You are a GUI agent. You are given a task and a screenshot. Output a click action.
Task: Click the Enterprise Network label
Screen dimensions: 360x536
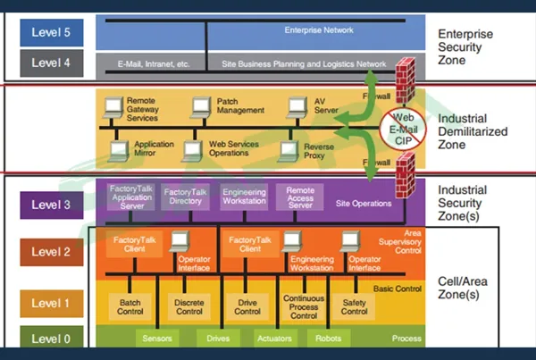(x=318, y=29)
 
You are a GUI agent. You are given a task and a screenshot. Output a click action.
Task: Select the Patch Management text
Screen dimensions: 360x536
(x=239, y=106)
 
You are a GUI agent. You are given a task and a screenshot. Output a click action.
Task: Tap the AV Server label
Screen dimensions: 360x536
(x=325, y=106)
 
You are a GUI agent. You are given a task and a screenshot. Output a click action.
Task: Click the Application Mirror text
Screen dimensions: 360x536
(x=154, y=148)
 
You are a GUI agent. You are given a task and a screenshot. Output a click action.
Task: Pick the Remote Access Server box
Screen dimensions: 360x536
(x=299, y=197)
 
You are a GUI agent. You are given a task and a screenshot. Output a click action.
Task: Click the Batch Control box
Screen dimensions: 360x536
(x=130, y=307)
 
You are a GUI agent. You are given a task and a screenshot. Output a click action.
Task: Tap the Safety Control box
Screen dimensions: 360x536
(x=354, y=307)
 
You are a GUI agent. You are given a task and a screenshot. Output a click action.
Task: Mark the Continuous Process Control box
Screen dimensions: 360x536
(x=303, y=307)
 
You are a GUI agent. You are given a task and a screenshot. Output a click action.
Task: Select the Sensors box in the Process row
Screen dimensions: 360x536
(x=156, y=339)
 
